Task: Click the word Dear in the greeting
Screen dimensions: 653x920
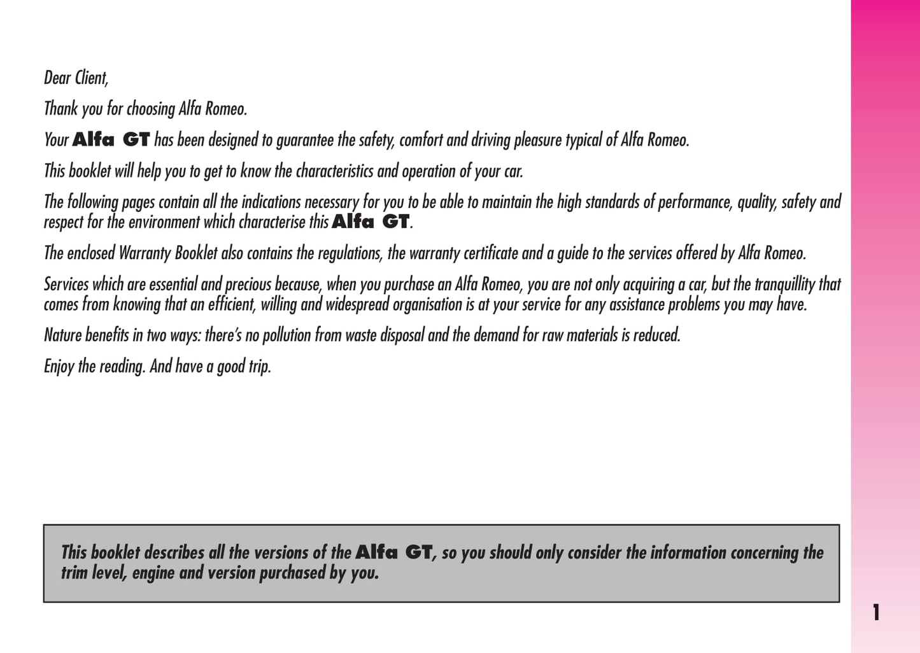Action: pos(57,78)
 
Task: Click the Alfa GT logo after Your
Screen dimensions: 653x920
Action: pos(111,139)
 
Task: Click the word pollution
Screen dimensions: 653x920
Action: pos(287,335)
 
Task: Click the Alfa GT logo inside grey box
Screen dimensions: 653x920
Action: pos(393,552)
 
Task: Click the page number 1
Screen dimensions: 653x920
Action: pos(877,612)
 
